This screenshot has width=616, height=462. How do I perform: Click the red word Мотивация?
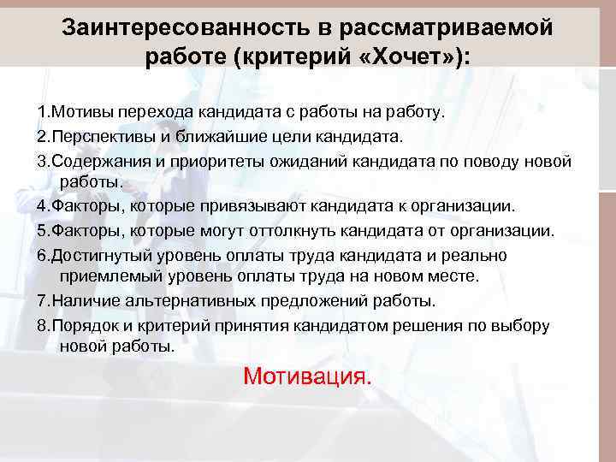click(307, 376)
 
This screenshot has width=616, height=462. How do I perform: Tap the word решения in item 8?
click(441, 325)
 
